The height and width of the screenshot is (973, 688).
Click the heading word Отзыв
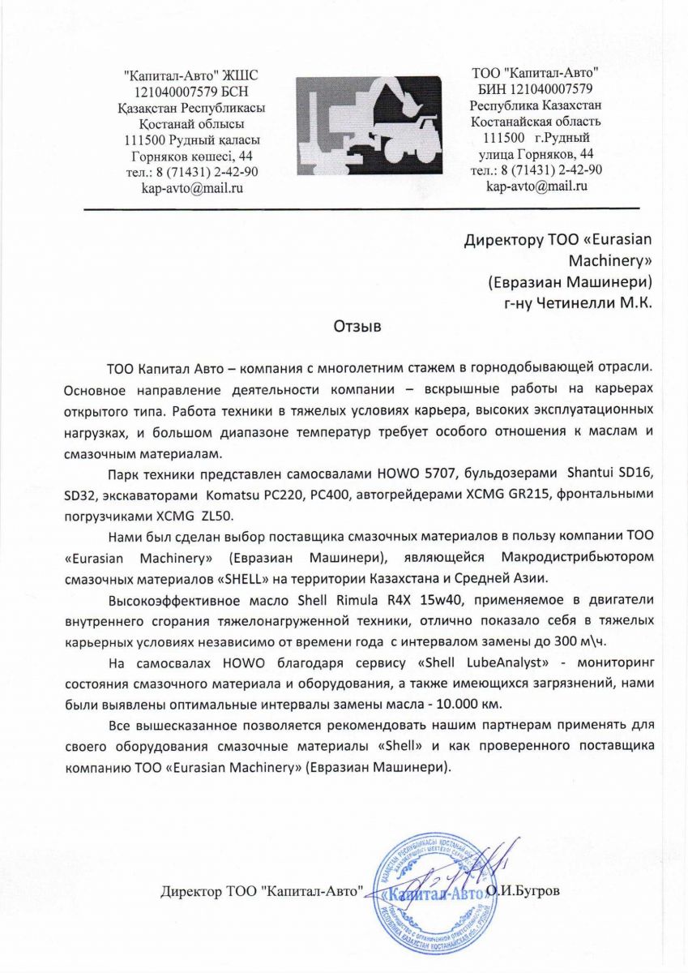tap(357, 328)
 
